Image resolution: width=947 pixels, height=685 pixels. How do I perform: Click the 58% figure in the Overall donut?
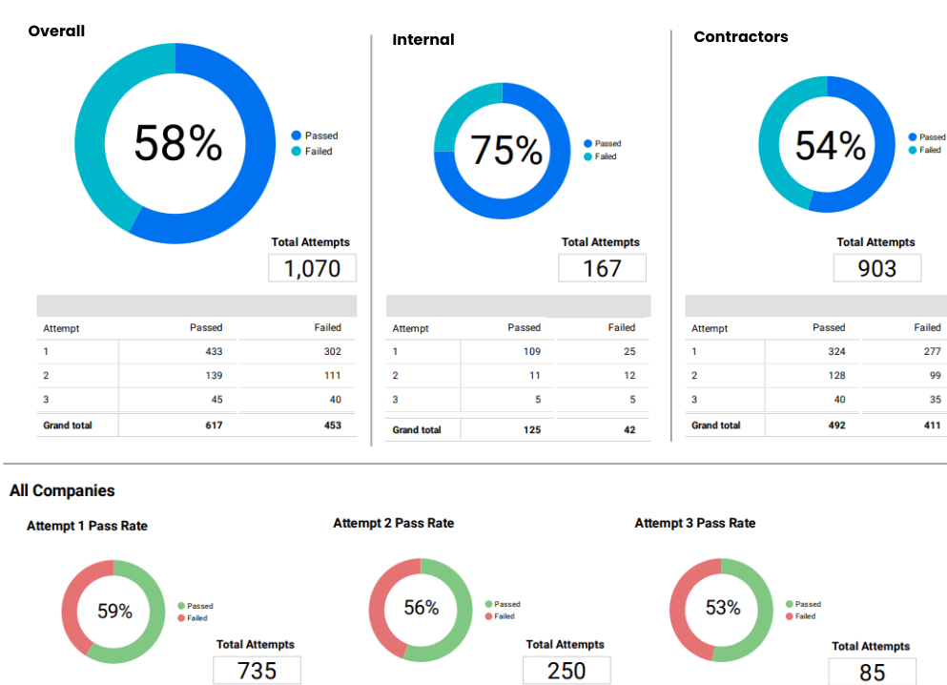(177, 144)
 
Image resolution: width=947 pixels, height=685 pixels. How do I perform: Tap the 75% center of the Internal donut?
(505, 151)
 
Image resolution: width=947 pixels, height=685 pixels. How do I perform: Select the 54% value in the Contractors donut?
(830, 146)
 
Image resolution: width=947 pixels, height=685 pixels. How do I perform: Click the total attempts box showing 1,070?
(312, 268)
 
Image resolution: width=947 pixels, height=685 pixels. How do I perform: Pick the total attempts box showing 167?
(602, 268)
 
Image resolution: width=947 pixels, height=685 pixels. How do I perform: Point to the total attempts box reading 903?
(876, 268)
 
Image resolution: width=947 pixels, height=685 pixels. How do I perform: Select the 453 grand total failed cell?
(331, 425)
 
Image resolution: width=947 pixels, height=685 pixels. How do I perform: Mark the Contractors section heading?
(740, 37)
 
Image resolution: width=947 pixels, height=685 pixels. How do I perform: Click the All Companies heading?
(62, 490)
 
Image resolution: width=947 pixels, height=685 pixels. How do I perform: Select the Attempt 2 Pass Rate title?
(393, 523)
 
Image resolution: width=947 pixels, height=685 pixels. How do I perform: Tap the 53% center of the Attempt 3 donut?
(722, 608)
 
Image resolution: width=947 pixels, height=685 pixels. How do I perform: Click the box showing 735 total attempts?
(257, 671)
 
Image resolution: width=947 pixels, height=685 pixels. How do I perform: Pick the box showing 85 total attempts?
(872, 673)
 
